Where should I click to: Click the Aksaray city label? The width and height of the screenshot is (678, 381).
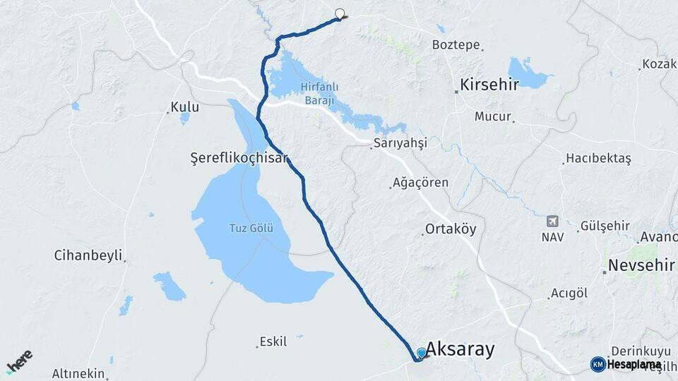pos(460,350)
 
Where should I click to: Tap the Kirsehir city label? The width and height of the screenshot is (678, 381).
pos(489,85)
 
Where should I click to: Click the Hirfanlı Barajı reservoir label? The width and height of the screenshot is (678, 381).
pos(320,94)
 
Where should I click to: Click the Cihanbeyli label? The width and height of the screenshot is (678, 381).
pos(88,255)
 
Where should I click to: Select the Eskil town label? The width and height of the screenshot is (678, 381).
pos(273,341)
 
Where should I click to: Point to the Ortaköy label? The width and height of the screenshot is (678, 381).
pos(451,229)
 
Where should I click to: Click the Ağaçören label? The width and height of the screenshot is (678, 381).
pos(422,183)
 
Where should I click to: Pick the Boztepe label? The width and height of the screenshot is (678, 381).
pos(456,44)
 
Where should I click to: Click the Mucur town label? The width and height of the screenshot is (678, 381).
pos(492,116)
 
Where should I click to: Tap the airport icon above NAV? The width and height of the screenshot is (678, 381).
pos(552,222)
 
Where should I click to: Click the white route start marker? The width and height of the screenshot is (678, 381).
pos(340,13)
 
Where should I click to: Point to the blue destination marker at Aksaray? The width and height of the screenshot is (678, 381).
pos(422,353)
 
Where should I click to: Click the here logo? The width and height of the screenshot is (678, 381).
pos(19,361)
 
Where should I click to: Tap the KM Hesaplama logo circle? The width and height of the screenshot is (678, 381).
pos(598,364)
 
